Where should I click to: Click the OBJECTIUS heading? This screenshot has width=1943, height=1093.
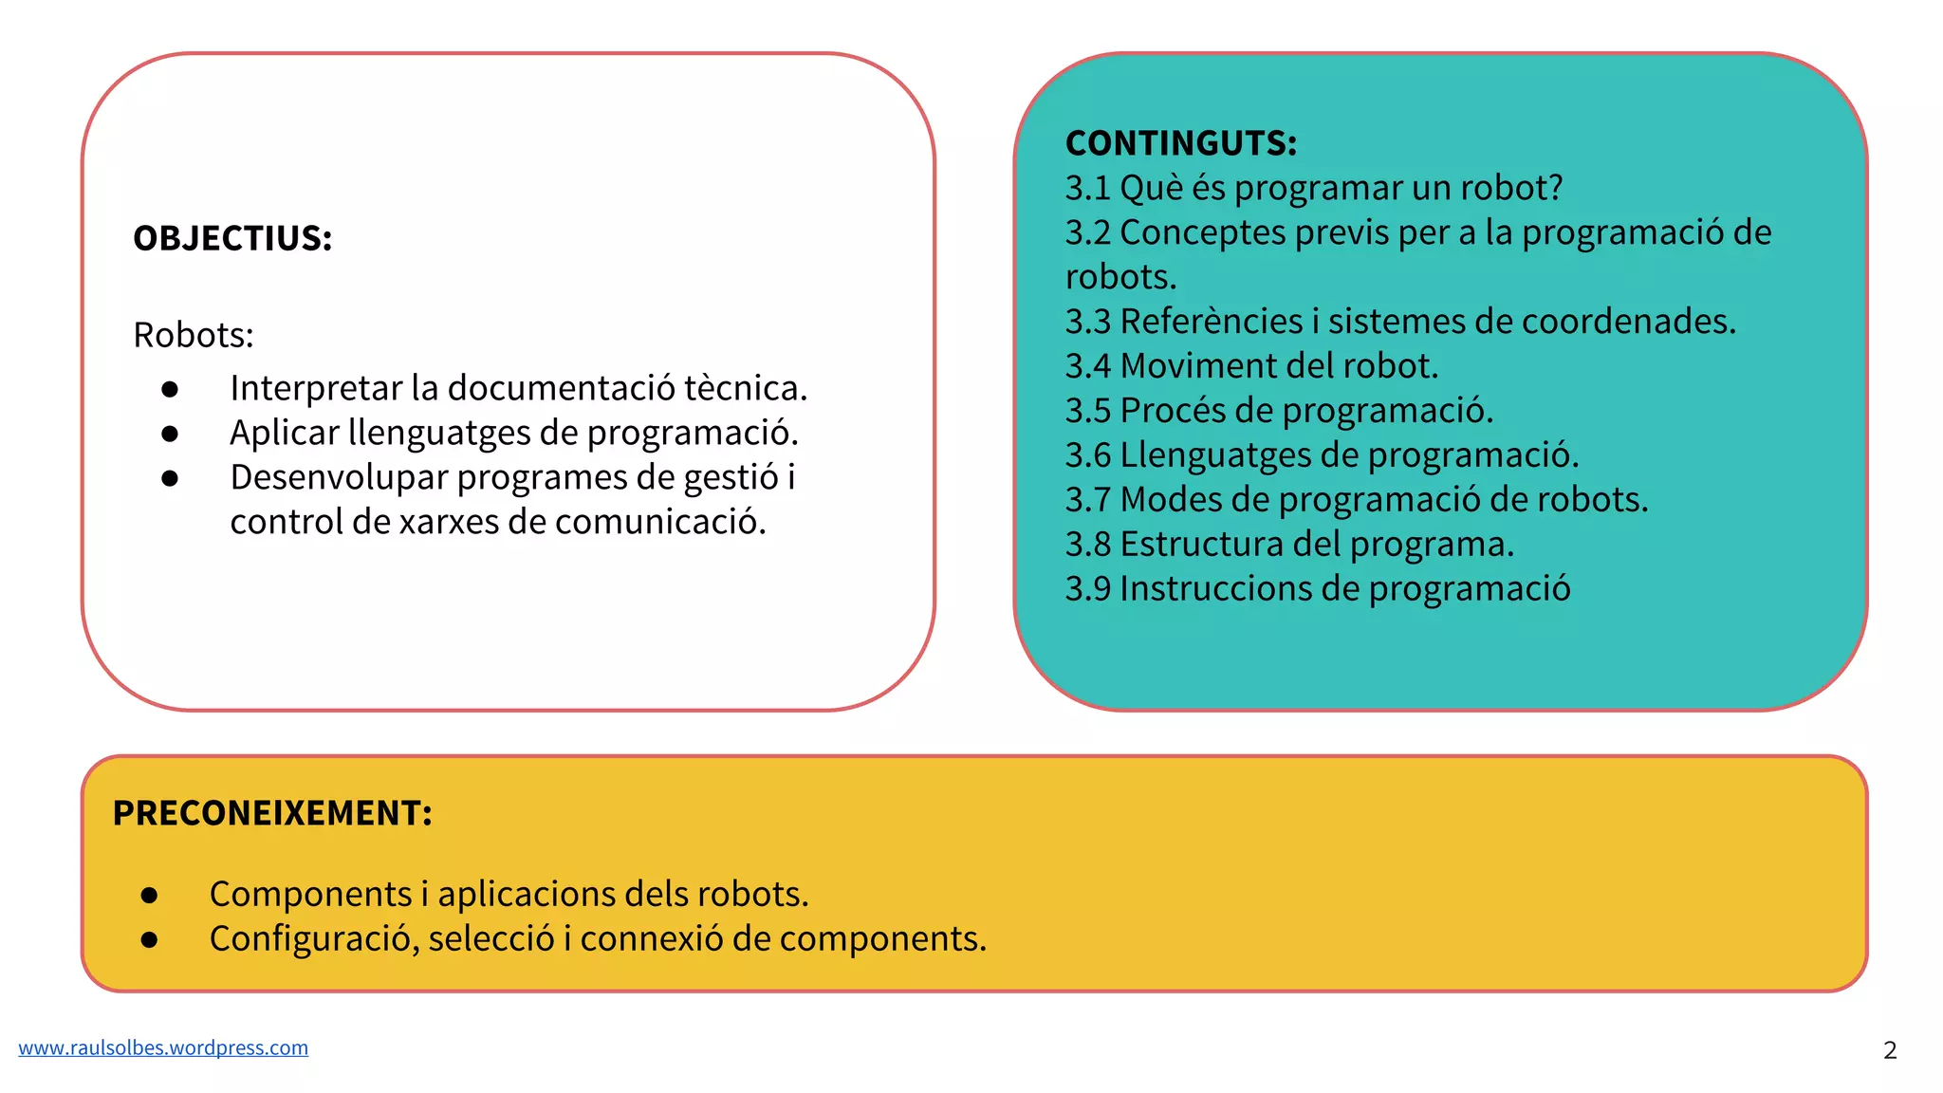coord(232,238)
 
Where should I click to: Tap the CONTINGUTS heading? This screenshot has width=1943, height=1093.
coord(1180,143)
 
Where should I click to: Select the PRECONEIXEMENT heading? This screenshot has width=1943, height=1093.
coord(272,813)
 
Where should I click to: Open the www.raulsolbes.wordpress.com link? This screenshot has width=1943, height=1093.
coord(163,1047)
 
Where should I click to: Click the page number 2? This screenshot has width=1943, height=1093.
coord(1890,1050)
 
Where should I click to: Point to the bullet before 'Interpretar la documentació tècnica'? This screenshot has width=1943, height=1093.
coord(171,389)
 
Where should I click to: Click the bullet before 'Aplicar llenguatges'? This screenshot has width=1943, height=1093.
coord(171,434)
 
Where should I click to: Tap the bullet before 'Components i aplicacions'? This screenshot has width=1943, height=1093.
coord(150,895)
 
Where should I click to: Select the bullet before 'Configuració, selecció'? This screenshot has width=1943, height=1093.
coord(150,939)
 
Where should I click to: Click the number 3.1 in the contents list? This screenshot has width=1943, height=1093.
coord(1087,188)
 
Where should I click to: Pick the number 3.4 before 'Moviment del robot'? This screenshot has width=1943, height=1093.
coord(1087,366)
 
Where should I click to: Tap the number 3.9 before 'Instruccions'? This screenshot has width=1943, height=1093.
coord(1087,589)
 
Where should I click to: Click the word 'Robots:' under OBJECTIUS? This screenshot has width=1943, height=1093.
coord(194,335)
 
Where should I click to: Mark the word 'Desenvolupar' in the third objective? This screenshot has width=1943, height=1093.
coord(339,477)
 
